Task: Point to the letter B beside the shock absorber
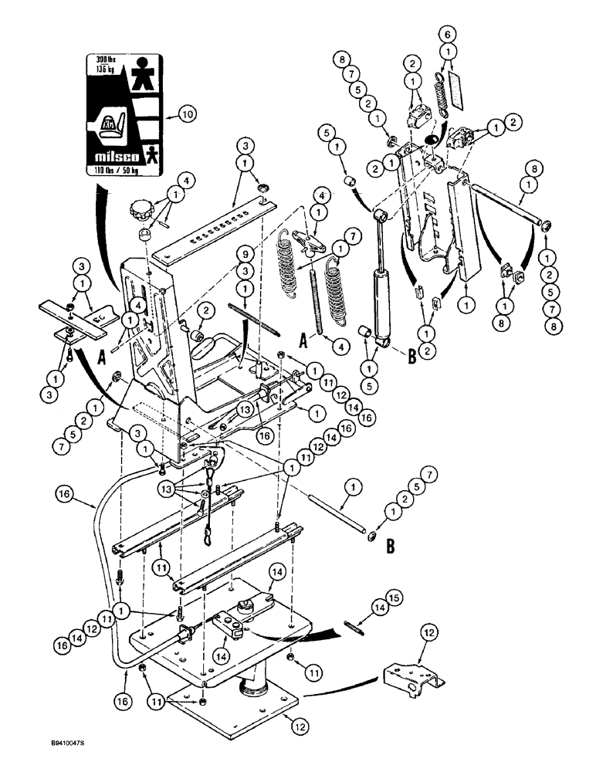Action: coord(412,356)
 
